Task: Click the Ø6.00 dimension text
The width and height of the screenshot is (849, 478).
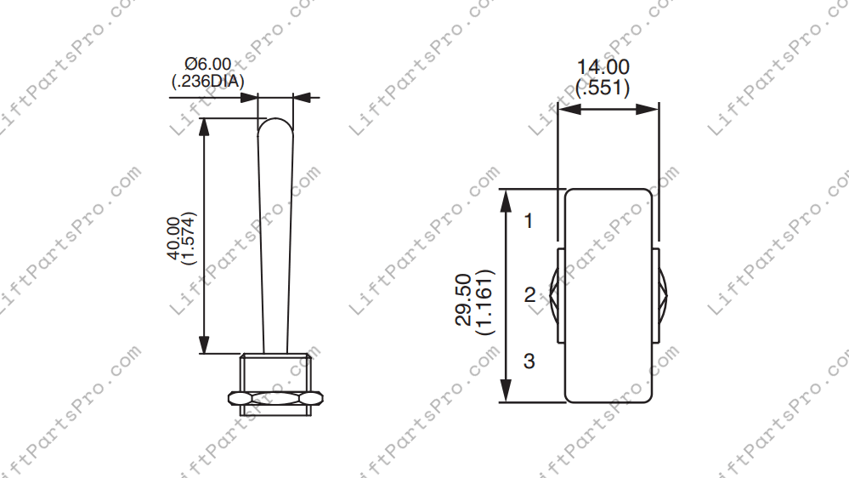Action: click(208, 65)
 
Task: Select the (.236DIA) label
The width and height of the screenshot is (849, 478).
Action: click(208, 82)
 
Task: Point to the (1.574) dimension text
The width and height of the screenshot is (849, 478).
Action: click(190, 238)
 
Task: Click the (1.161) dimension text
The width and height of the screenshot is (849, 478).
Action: click(484, 299)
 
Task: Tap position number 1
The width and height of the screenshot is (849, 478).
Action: click(529, 221)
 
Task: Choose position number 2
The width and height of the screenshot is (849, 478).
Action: click(529, 296)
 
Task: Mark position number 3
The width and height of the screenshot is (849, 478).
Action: click(529, 361)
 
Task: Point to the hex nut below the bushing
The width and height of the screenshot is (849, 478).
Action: click(276, 397)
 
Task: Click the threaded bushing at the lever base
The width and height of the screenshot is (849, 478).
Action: click(275, 372)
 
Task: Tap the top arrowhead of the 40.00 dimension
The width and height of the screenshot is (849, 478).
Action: click(205, 125)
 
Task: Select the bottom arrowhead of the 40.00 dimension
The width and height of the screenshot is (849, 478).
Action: click(205, 346)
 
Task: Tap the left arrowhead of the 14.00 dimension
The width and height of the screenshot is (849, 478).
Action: click(565, 109)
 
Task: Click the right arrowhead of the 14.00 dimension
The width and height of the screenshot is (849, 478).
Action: click(651, 109)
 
